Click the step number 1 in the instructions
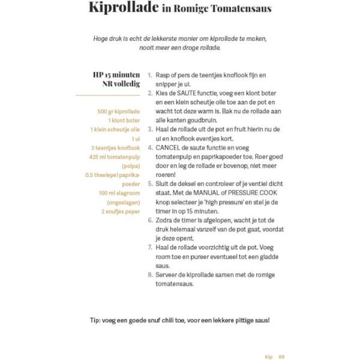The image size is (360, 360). [x=149, y=76]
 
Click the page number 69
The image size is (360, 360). [x=281, y=356]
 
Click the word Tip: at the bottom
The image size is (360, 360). [x=97, y=320]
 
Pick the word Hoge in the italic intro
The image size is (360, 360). [x=101, y=39]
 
